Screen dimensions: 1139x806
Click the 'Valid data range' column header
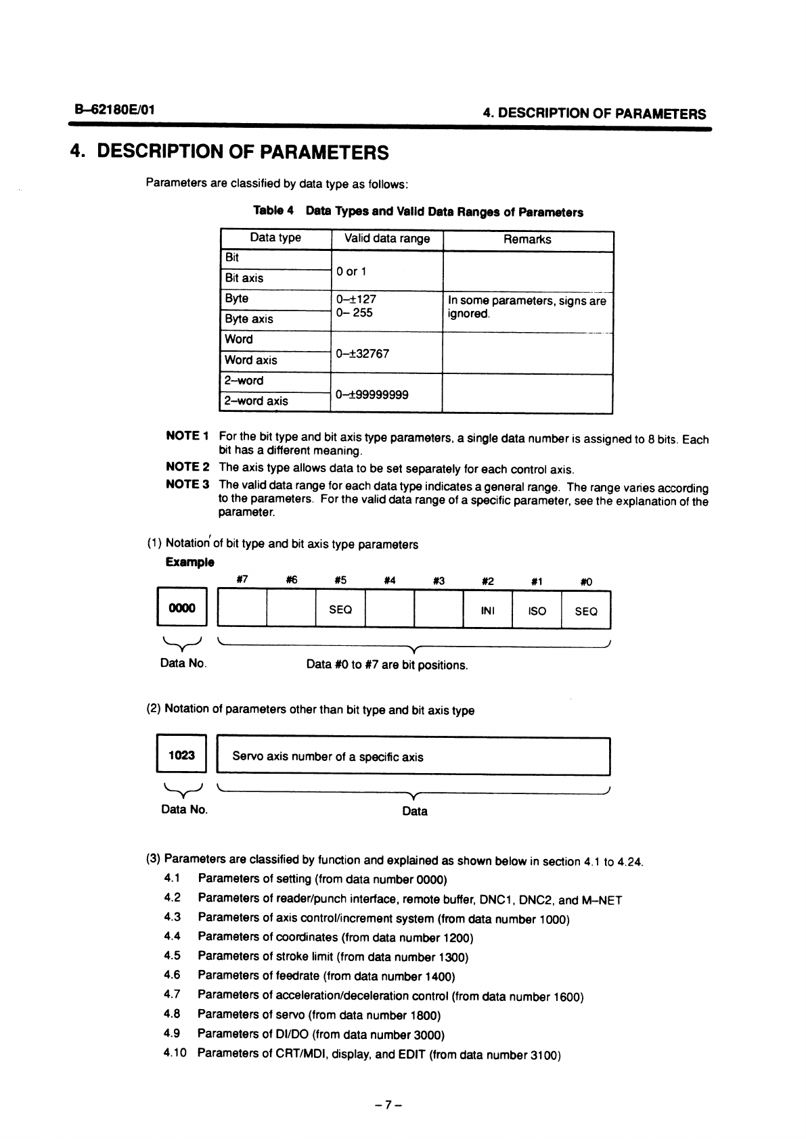click(387, 239)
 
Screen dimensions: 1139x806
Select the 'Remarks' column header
click(527, 239)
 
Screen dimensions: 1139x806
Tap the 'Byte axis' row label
click(249, 319)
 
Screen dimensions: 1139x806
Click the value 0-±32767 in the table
click(362, 354)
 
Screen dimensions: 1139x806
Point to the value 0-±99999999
click(372, 395)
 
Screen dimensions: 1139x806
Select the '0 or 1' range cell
click(351, 272)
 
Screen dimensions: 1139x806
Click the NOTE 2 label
click(187, 467)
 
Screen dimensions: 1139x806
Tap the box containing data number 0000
click(181, 609)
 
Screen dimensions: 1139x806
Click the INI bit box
click(487, 610)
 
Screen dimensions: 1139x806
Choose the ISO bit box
click(537, 610)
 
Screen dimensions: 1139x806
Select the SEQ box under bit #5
click(340, 610)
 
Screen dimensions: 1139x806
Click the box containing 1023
click(181, 756)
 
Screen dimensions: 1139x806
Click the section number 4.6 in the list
click(172, 975)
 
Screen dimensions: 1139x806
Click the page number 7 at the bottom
click(388, 1105)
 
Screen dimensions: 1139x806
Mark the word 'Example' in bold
click(189, 562)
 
